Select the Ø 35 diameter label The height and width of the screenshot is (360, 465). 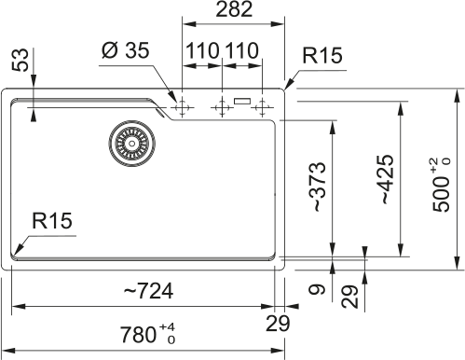click(125, 49)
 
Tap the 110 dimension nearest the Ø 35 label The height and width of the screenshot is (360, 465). click(201, 49)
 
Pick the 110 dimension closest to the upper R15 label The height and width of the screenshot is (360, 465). click(240, 49)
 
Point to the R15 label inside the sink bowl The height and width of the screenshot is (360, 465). click(53, 221)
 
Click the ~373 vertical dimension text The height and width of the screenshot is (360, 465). click(320, 187)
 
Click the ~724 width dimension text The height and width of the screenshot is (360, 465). click(148, 291)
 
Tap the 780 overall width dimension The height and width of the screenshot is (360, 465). click(144, 334)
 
